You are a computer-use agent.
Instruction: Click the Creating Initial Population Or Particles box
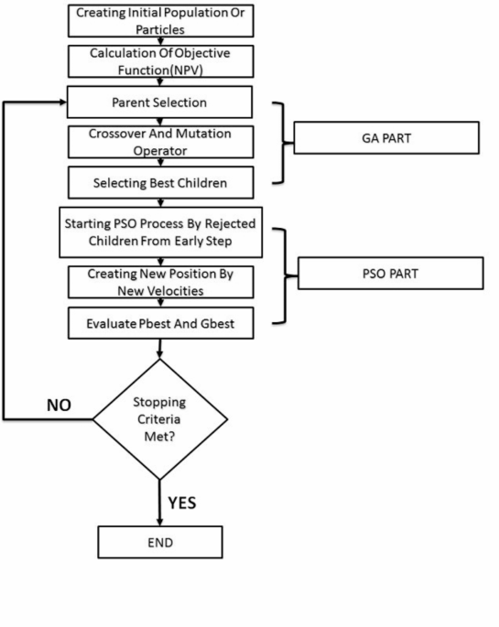[160, 19]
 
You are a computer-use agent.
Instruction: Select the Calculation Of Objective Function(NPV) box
[160, 60]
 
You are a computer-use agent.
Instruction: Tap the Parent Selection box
[160, 101]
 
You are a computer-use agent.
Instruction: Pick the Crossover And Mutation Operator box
[160, 142]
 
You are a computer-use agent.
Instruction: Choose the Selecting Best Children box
[160, 183]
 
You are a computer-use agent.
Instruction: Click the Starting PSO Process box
[160, 233]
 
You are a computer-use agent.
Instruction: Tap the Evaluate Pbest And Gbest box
[160, 322]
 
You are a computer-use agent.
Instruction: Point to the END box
[160, 542]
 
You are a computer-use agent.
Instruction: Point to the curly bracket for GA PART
[281, 144]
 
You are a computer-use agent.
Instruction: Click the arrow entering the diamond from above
[160, 349]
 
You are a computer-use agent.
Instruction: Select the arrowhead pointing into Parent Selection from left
[61, 101]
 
